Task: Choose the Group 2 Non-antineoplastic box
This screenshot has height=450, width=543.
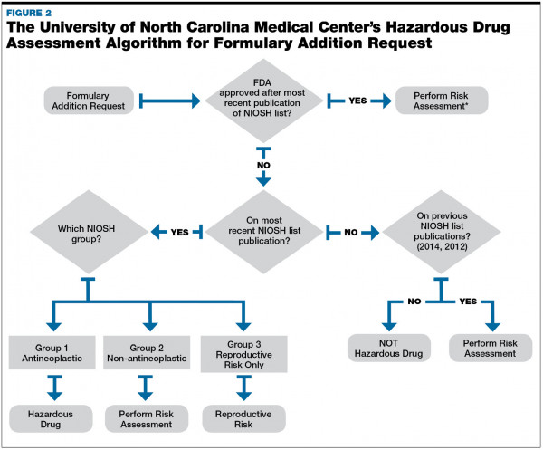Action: pos(147,350)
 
